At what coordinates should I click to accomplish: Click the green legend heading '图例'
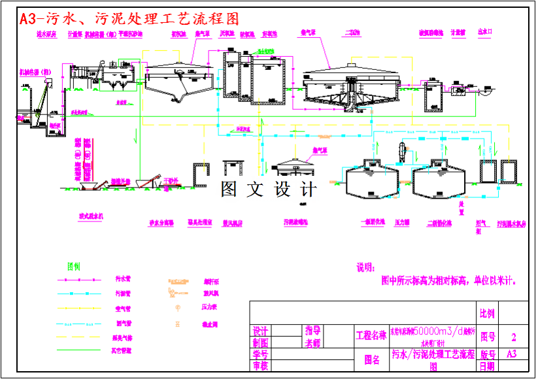pyautogui.click(x=74, y=266)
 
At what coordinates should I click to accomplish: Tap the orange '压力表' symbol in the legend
pyautogui.click(x=176, y=306)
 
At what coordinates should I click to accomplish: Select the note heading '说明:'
pyautogui.click(x=365, y=267)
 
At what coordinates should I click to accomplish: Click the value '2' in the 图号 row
pyautogui.click(x=514, y=338)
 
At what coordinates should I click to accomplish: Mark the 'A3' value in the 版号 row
pyautogui.click(x=514, y=354)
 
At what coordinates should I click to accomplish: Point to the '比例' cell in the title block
pyautogui.click(x=488, y=314)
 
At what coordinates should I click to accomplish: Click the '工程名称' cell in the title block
pyautogui.click(x=371, y=336)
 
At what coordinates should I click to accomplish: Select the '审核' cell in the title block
pyautogui.click(x=260, y=366)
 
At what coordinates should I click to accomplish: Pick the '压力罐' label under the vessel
pyautogui.click(x=401, y=223)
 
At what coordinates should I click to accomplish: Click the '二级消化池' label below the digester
pyautogui.click(x=439, y=223)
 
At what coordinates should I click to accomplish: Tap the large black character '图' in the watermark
pyautogui.click(x=229, y=189)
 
